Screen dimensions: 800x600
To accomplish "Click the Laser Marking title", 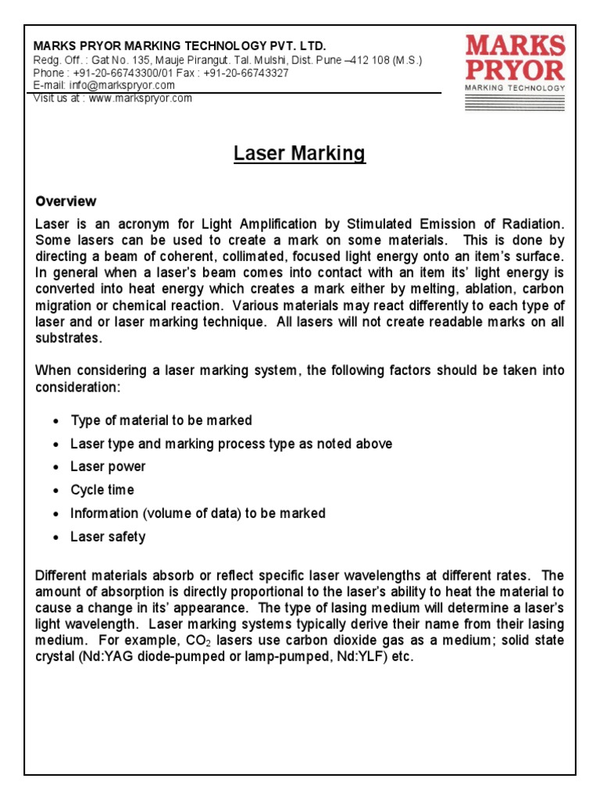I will (x=300, y=154).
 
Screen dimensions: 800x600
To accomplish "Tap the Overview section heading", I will (x=66, y=202).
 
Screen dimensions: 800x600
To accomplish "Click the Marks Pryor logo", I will (x=515, y=62).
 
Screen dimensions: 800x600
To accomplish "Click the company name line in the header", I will (x=179, y=46).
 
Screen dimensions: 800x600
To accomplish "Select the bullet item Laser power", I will (x=108, y=467).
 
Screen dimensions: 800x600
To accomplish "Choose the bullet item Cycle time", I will (x=102, y=491).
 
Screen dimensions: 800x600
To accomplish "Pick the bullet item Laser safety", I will (x=108, y=537).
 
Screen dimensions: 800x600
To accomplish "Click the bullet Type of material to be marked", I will (x=161, y=420).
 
